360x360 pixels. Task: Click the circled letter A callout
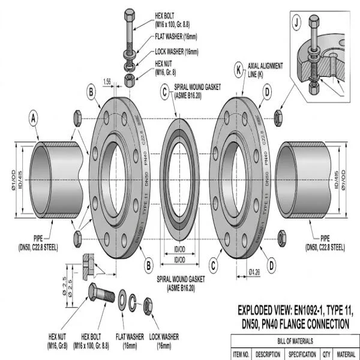coord(34,119)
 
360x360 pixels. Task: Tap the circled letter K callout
coord(239,70)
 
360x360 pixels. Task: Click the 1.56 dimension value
coord(107,81)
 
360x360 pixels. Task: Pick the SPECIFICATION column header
coord(302,355)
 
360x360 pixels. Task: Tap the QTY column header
coord(328,355)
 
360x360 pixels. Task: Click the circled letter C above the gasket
coord(164,92)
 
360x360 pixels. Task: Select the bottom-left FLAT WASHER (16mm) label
coord(129,342)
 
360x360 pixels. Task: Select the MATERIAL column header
coord(348,355)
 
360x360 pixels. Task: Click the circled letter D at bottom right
coord(271,263)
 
